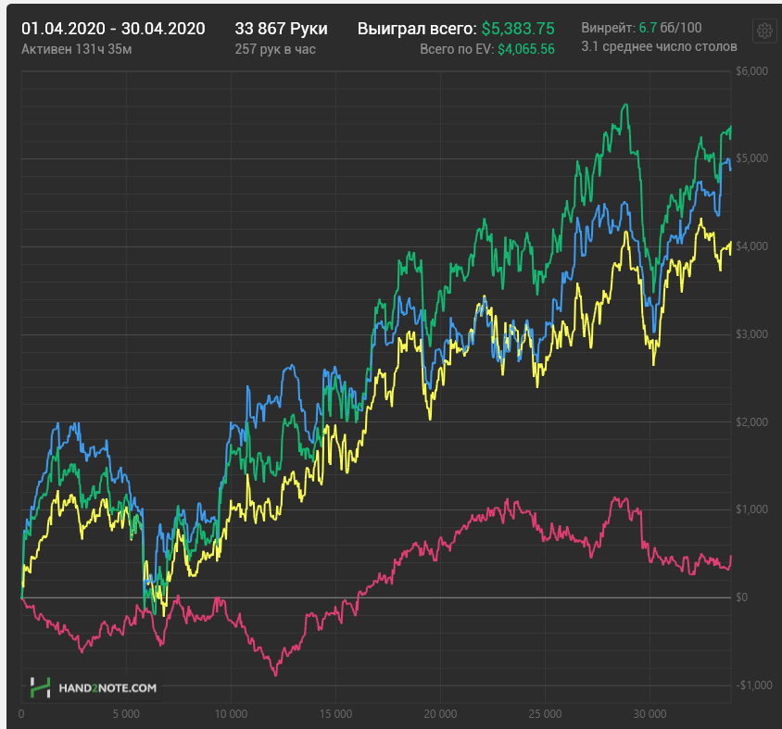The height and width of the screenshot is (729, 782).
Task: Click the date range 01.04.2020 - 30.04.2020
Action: tap(113, 29)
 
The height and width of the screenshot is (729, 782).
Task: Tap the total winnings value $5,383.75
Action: tap(518, 29)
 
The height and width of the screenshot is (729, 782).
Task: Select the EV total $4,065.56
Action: tap(526, 49)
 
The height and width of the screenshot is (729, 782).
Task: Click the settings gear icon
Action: tap(764, 31)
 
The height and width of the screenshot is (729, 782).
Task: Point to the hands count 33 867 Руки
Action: tap(282, 29)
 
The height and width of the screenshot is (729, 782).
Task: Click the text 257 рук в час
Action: tap(275, 49)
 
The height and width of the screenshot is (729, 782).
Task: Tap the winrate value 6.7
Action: tap(648, 28)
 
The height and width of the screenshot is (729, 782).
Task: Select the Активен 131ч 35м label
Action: tap(77, 49)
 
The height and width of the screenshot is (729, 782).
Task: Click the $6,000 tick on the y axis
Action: tap(751, 71)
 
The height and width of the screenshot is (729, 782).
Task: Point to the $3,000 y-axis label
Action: tap(751, 334)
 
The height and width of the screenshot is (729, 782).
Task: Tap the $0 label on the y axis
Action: tap(741, 597)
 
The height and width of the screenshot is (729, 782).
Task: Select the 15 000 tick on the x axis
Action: tap(335, 714)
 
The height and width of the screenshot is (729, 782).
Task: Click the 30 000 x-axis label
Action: tap(650, 714)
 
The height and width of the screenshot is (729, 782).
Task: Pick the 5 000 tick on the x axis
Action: tap(126, 714)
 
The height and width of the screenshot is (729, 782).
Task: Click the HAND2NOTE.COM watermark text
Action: tap(107, 688)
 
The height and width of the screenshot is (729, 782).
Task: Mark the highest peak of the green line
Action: tap(625, 105)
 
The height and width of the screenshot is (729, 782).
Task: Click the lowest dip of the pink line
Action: tap(276, 675)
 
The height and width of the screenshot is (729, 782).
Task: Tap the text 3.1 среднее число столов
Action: tap(659, 46)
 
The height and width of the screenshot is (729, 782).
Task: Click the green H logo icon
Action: tap(41, 687)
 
